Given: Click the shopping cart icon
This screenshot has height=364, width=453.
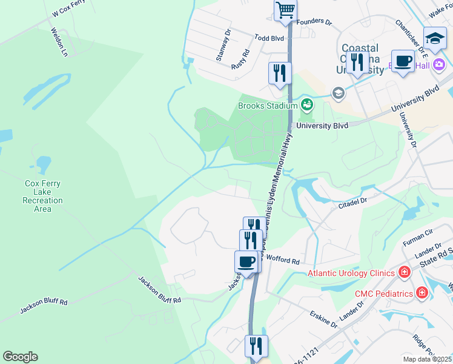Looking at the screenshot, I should (285, 10).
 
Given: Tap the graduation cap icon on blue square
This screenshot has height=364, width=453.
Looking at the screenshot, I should (435, 39).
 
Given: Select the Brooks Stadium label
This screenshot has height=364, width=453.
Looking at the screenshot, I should (268, 106).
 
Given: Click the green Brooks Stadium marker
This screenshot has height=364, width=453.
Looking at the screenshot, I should (308, 105).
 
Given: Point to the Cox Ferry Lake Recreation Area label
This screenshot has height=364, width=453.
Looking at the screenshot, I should (42, 196).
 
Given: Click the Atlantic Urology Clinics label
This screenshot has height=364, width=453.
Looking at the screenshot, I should (351, 273).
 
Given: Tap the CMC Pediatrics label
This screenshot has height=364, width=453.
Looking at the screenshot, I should (383, 294).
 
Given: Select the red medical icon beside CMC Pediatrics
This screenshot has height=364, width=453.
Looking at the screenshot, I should (422, 294).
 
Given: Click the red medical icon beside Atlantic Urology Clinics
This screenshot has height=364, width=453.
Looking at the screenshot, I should (404, 273).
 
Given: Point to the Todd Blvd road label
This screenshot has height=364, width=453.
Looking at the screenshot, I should (269, 38).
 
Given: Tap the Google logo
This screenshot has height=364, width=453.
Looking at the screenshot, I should (20, 357).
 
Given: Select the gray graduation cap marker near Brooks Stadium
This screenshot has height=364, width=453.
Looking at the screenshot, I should (337, 93).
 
